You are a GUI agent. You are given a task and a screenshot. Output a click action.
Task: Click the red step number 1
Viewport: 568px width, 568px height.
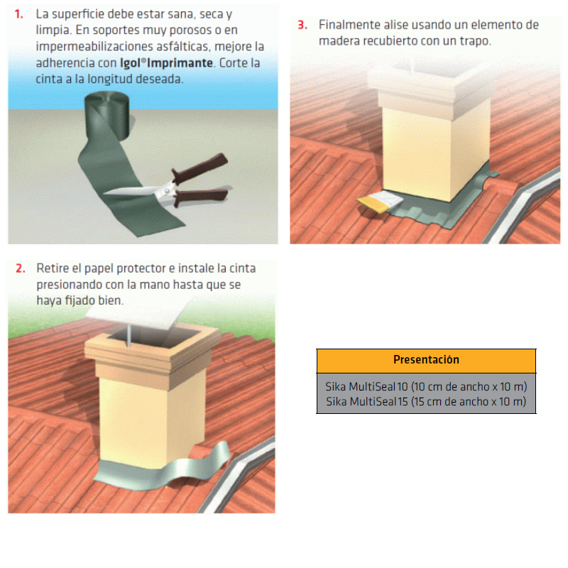click(18, 14)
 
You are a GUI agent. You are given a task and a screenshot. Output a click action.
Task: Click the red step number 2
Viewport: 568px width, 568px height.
click(21, 268)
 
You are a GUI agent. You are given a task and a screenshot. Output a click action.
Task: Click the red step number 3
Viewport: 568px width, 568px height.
click(302, 25)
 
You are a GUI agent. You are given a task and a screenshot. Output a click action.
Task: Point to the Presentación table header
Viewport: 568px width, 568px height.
click(426, 360)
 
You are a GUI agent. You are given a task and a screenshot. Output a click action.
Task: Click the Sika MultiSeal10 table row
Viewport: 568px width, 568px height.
click(426, 387)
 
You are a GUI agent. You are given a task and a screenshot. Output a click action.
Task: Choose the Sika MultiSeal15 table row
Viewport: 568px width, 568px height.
click(426, 402)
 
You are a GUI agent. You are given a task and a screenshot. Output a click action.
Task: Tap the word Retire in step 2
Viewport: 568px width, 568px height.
click(52, 268)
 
